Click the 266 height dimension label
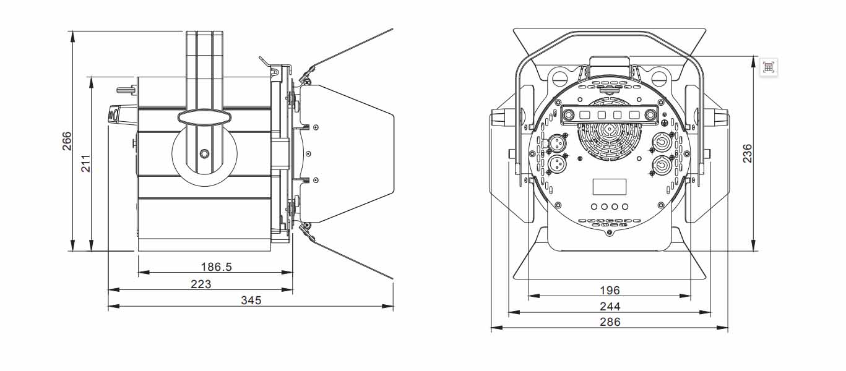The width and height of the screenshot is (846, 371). click(67, 140)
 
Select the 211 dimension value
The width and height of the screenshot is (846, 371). click(86, 164)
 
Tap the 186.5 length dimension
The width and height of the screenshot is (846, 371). click(216, 267)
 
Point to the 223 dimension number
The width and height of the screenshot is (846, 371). click(201, 284)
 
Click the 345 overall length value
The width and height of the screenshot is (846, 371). click(251, 301)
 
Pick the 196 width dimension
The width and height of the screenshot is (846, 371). click(610, 290)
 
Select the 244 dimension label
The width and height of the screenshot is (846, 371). click(610, 306)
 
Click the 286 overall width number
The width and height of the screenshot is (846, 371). click(610, 322)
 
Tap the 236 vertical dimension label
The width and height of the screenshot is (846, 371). click(748, 154)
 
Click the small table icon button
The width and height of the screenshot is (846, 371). click(769, 67)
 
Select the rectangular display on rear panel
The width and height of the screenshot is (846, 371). click(610, 187)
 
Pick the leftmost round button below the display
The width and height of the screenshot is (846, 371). click(594, 207)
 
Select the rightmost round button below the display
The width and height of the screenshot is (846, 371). click(625, 207)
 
